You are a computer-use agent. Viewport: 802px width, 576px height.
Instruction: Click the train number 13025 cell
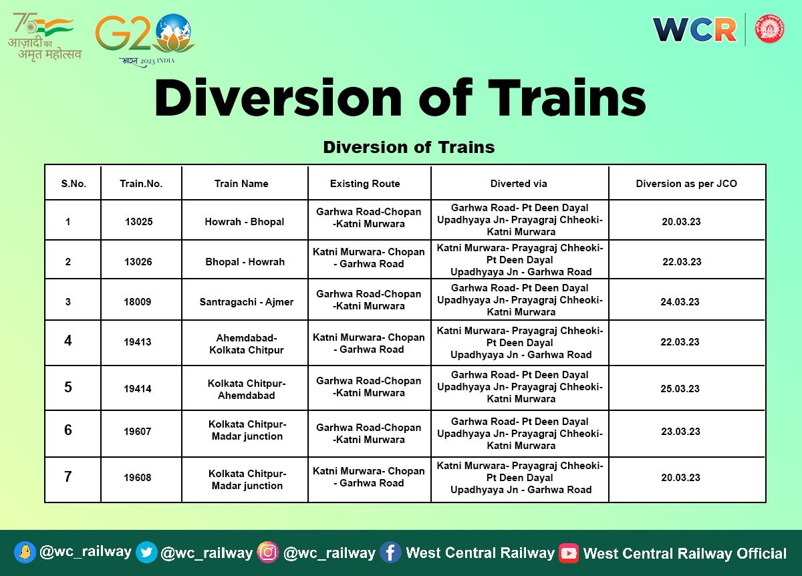pyautogui.click(x=138, y=221)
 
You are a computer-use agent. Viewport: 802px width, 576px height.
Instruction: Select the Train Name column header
pyautogui.click(x=241, y=184)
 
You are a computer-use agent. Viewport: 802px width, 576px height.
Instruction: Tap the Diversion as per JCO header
pyautogui.click(x=686, y=184)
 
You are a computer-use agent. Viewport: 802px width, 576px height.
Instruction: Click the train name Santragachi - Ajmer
pyautogui.click(x=246, y=302)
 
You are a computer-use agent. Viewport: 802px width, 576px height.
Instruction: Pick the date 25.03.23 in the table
pyautogui.click(x=681, y=389)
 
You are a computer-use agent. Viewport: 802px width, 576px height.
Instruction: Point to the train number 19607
pyautogui.click(x=138, y=432)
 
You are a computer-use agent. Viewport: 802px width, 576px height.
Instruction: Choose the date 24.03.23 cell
pyautogui.click(x=680, y=302)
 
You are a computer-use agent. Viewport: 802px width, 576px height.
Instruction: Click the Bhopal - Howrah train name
pyautogui.click(x=245, y=262)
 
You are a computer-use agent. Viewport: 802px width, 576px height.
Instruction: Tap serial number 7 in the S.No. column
pyautogui.click(x=68, y=477)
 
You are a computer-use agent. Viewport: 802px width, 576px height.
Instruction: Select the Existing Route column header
pyautogui.click(x=365, y=184)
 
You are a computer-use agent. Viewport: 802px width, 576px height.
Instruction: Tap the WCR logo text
pyautogui.click(x=694, y=29)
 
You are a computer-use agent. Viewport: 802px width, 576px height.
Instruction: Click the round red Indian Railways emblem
pyautogui.click(x=770, y=29)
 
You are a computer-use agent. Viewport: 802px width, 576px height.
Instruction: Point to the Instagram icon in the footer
pyautogui.click(x=268, y=552)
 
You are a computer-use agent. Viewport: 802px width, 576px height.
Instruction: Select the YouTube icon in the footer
pyautogui.click(x=569, y=553)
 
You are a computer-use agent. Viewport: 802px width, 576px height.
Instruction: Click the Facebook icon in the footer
pyautogui.click(x=390, y=552)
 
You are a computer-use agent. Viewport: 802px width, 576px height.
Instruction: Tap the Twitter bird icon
pyautogui.click(x=146, y=552)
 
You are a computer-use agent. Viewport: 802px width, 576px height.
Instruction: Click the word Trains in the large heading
pyautogui.click(x=554, y=100)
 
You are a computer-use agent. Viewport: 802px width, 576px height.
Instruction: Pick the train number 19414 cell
pyautogui.click(x=138, y=389)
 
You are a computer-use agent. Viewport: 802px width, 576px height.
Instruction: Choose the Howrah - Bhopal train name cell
pyautogui.click(x=245, y=221)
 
